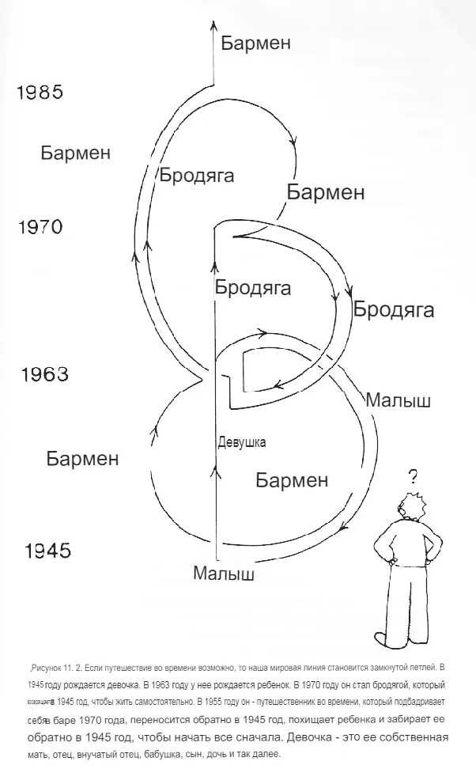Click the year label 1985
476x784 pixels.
click(x=40, y=93)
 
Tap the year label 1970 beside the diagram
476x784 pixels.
click(x=40, y=228)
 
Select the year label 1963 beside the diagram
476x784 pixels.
click(x=44, y=374)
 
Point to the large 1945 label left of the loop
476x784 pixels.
click(x=47, y=551)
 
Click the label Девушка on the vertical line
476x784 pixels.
click(x=241, y=442)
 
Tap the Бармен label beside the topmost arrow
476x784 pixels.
click(x=255, y=43)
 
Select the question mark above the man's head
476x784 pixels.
click(x=412, y=476)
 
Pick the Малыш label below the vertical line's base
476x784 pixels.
click(x=224, y=574)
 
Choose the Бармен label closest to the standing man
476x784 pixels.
click(x=292, y=480)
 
